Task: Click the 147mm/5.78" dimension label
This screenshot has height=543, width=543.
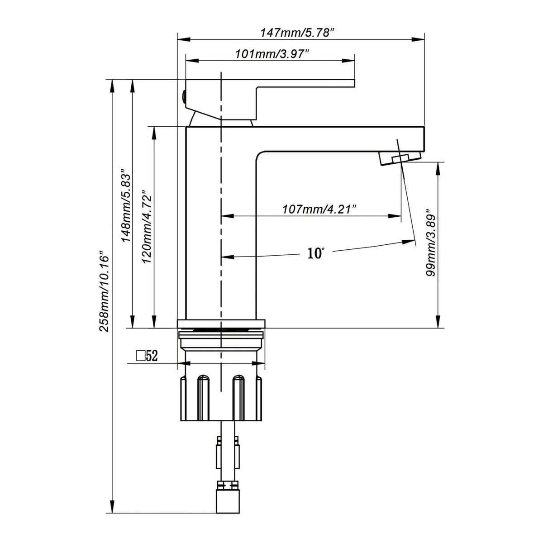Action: pos(298,33)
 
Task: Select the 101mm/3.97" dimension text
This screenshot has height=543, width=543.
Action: pos(271,54)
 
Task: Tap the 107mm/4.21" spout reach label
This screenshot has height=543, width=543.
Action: pos(319,210)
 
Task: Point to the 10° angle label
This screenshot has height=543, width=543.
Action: pos(315,253)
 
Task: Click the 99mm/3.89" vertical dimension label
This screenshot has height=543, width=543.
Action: pos(431,243)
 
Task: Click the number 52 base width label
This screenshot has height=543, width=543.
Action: pos(152,356)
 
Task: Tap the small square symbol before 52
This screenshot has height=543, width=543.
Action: pos(140,356)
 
